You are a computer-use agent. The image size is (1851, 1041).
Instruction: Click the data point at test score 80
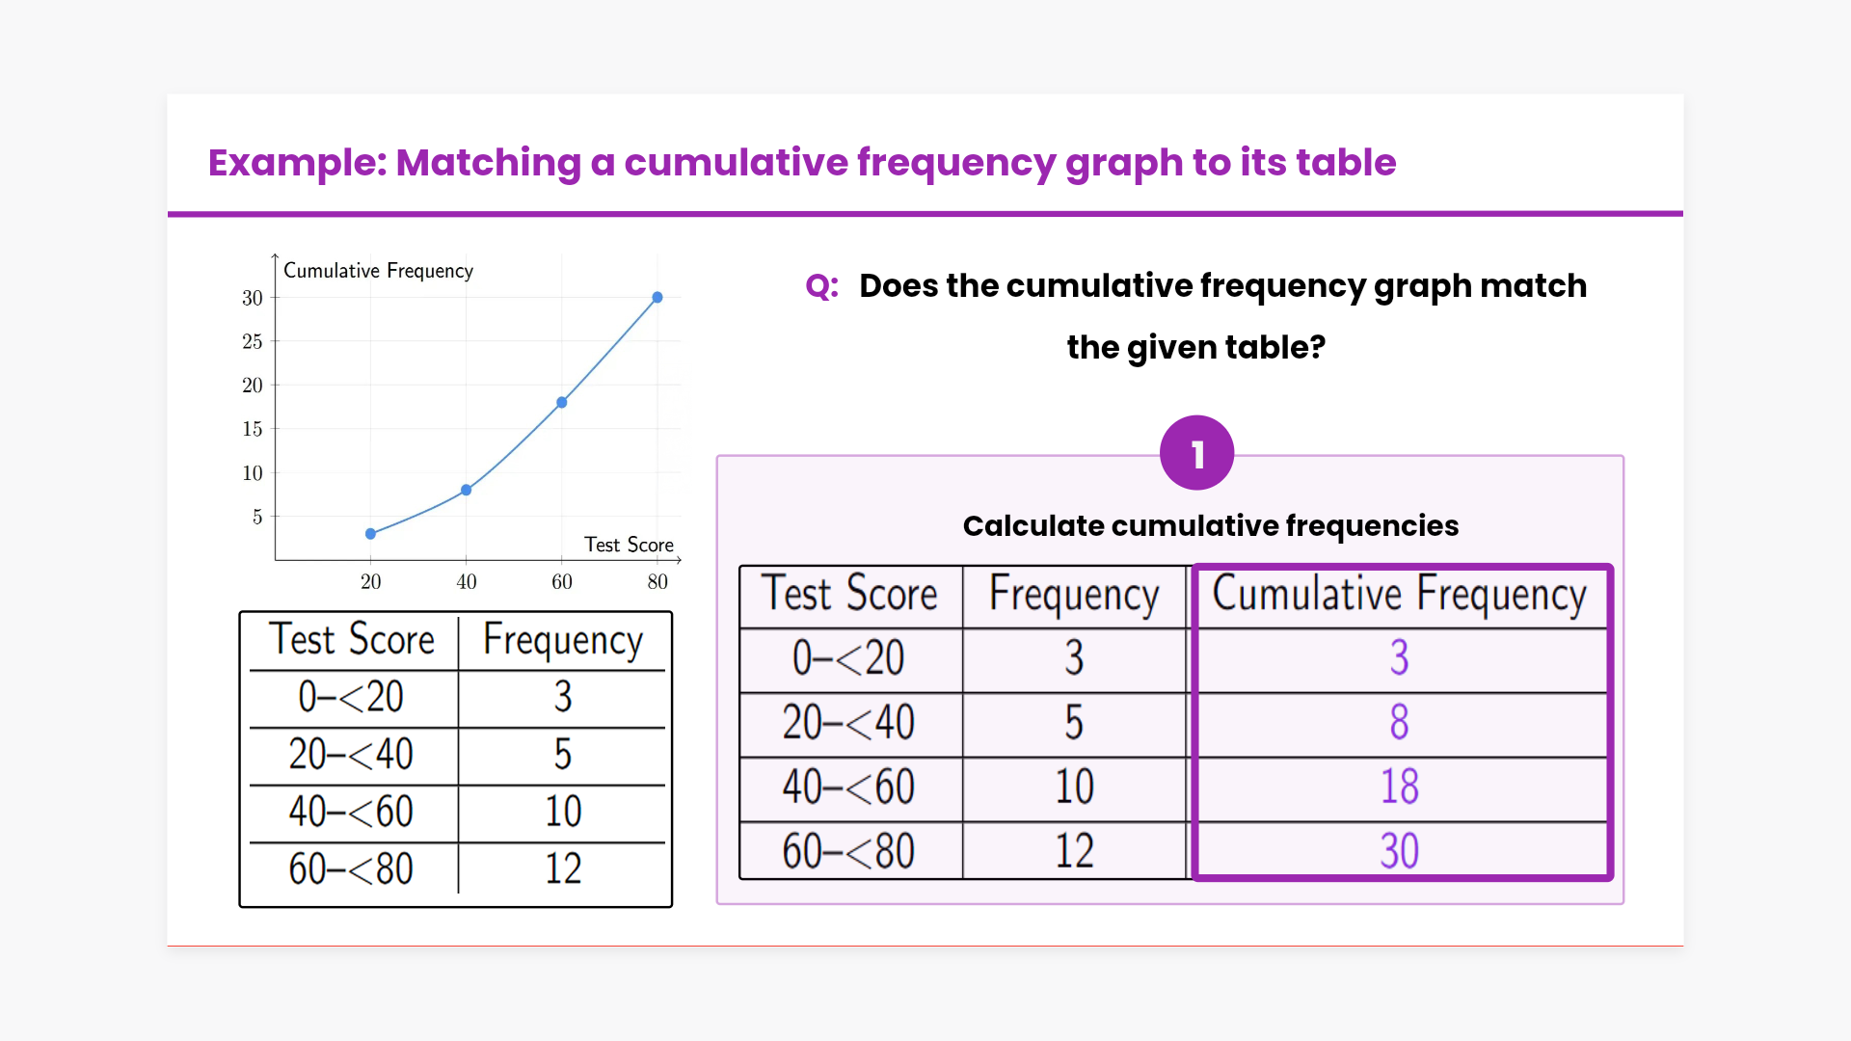pos(657,298)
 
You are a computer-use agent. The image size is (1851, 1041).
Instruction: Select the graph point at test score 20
pos(371,534)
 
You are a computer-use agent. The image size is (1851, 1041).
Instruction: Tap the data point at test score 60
pos(562,403)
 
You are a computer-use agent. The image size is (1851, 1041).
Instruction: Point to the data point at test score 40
pos(467,490)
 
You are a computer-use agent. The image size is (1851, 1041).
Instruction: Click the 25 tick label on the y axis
pos(253,341)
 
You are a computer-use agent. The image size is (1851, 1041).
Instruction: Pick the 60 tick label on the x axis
pos(562,581)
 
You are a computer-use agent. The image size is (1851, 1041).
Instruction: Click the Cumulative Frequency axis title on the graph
pos(378,271)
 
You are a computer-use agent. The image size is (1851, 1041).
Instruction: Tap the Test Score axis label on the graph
pos(629,545)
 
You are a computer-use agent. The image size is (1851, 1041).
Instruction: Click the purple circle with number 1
pos(1197,453)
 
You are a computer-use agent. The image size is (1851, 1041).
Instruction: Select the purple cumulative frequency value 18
pos(1400,787)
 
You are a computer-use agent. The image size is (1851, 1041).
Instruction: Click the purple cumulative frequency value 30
pos(1400,851)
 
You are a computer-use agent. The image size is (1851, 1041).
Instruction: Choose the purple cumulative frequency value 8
pos(1400,722)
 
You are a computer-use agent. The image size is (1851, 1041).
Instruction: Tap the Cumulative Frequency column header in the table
pos(1399,595)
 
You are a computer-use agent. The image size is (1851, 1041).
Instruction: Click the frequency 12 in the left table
pos(564,868)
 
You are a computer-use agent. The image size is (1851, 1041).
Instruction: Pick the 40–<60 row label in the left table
pos(351,812)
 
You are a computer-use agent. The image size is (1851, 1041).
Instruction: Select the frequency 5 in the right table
pos(1074,722)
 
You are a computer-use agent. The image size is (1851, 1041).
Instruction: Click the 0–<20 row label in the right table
pos(848,657)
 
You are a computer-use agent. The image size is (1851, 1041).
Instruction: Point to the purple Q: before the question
pos(822,286)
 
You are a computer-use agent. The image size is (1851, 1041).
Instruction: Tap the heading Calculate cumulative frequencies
pos(1211,525)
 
